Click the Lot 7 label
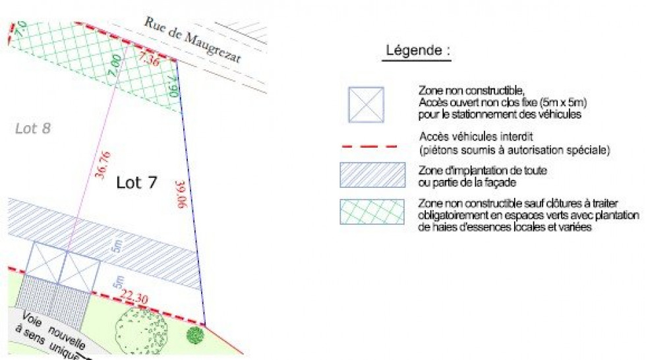pos(136,183)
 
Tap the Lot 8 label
pos(33,129)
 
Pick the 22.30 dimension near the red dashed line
pos(133,299)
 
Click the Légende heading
pos(418,51)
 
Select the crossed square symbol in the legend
pos(366,104)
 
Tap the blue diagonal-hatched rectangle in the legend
pos(372,175)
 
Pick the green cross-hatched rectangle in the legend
pos(372,212)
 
